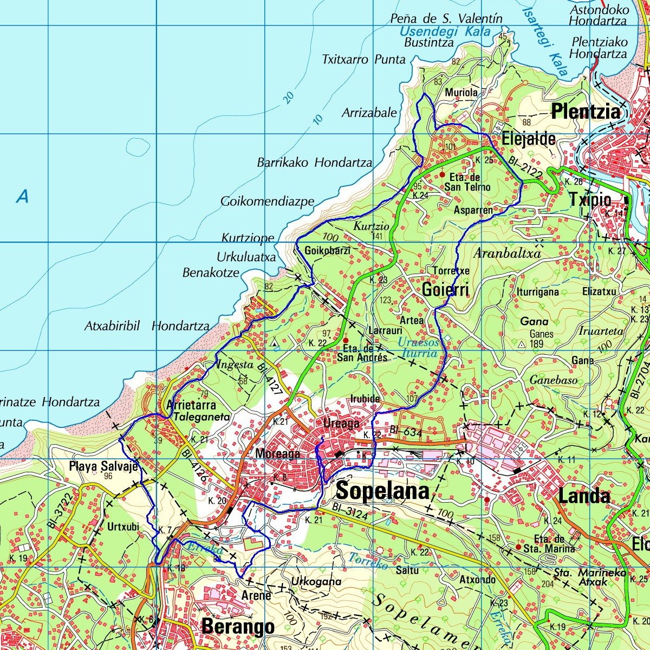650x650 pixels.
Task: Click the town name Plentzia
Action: [585, 112]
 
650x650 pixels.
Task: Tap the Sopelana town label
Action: [382, 491]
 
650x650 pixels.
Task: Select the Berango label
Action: [238, 627]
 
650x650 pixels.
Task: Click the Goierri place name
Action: [445, 290]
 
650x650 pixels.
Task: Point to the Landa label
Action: [584, 496]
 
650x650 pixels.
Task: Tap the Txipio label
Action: [590, 200]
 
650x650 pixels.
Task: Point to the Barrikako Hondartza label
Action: [314, 162]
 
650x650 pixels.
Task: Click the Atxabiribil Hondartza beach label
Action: [147, 326]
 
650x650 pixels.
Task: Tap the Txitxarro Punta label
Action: [363, 59]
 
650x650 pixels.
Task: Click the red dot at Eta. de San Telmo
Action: [443, 175]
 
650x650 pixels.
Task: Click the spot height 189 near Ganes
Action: [536, 343]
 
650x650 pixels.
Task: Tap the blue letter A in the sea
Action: [22, 197]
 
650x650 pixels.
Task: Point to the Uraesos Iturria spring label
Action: [418, 348]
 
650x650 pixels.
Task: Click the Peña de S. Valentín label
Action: [446, 18]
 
